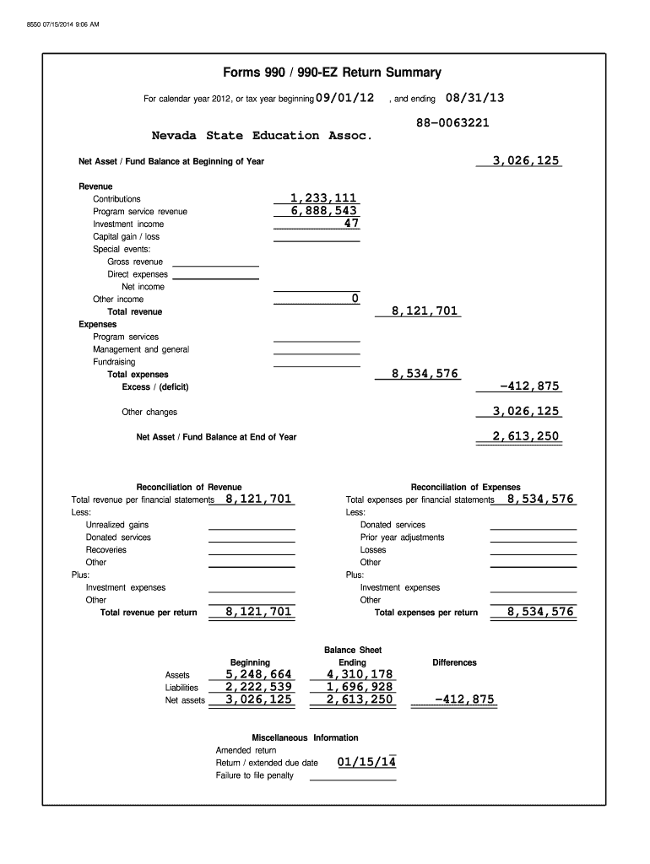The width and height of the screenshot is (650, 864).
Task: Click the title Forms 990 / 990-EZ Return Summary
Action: (325, 73)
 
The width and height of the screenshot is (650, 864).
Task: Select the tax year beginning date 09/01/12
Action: (344, 98)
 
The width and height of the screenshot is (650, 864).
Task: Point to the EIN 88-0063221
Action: (452, 122)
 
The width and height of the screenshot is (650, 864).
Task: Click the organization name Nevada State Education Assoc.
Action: (261, 136)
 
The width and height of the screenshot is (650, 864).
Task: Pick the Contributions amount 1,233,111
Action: (324, 198)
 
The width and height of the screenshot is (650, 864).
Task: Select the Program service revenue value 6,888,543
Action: (324, 211)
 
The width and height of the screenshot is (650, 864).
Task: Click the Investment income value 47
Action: (351, 224)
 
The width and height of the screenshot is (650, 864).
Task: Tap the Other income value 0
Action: (355, 299)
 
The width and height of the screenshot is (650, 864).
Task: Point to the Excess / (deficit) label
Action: (155, 387)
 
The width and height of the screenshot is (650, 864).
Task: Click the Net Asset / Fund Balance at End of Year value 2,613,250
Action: (527, 436)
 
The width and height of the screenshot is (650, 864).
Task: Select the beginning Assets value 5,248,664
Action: (258, 674)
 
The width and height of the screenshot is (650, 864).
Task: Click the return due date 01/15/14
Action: (366, 763)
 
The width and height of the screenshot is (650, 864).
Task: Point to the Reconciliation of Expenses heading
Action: (465, 487)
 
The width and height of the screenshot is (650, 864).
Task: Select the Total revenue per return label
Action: (149, 613)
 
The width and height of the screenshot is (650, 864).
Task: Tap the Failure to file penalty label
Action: (255, 775)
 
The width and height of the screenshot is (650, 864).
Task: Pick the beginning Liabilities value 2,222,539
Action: (258, 687)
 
